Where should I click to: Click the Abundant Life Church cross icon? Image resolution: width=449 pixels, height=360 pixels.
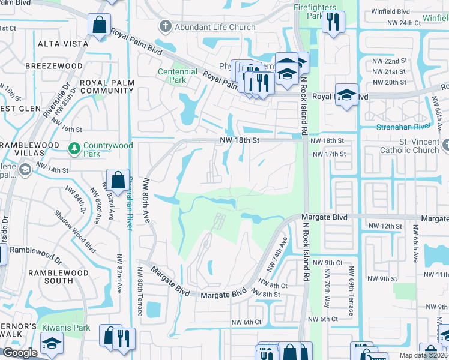click(166, 27)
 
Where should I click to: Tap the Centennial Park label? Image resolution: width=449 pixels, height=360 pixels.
click(177, 76)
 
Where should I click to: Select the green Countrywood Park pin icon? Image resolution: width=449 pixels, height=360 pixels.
click(75, 147)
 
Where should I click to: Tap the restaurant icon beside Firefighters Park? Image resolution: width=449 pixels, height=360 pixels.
click(332, 23)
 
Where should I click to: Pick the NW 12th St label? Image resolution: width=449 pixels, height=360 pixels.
click(385, 226)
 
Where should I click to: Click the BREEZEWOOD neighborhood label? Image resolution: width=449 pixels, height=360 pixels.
click(54, 65)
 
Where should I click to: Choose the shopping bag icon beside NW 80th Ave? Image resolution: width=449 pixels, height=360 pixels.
click(118, 179)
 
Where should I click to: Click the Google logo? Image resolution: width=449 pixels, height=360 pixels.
click(20, 353)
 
